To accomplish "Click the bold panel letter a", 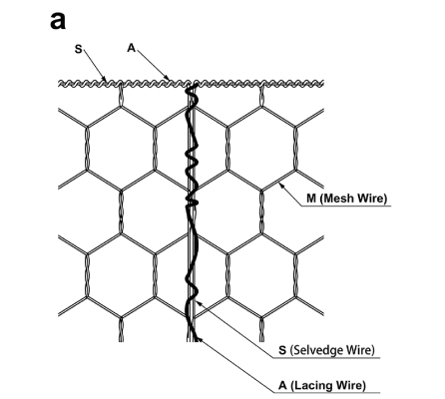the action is click(58, 21).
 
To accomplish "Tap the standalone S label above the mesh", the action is click(78, 49).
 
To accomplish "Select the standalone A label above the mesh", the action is click(132, 48).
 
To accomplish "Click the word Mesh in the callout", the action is click(338, 199).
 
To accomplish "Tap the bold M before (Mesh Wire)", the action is click(311, 199).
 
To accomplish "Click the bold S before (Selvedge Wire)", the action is click(282, 350).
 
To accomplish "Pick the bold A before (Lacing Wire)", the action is click(282, 385).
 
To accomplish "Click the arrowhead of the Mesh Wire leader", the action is click(280, 185).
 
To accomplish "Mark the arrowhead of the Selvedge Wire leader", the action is click(199, 302).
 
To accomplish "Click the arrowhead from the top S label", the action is click(105, 80).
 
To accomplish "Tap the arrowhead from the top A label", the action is click(168, 79).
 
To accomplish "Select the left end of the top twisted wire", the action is click(59, 84).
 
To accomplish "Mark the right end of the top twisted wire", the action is click(322, 84).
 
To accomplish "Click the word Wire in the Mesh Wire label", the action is click(372, 199).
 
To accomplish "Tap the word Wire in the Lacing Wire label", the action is click(350, 385).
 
